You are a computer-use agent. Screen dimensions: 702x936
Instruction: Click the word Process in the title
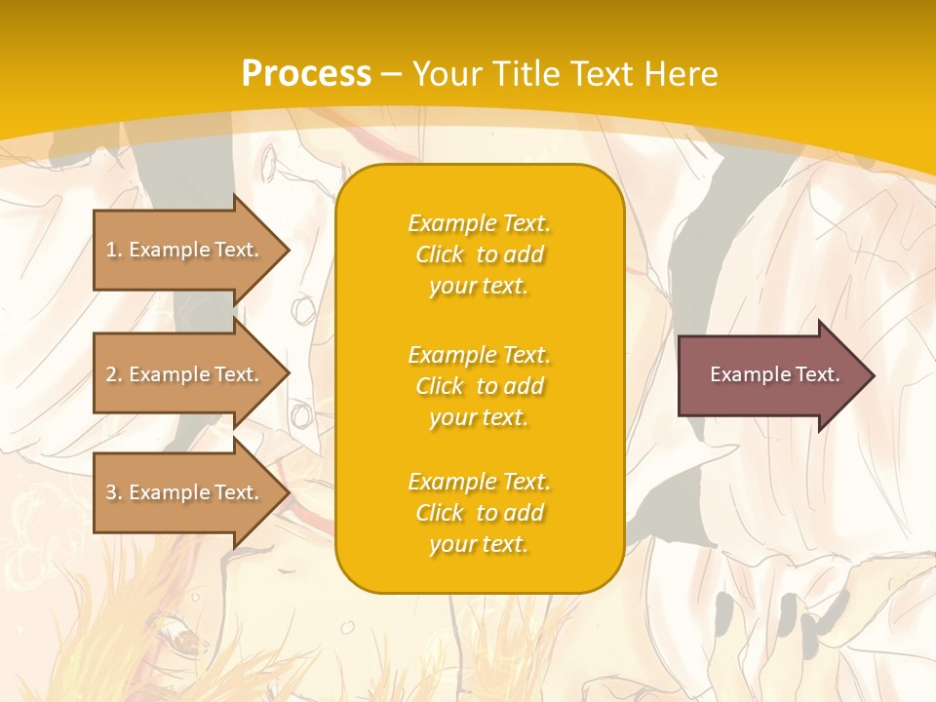(x=306, y=74)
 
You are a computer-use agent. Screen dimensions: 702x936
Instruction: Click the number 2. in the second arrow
(x=114, y=374)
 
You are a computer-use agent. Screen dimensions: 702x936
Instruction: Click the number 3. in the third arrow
(x=114, y=492)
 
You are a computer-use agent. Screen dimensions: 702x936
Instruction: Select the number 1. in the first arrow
(x=113, y=250)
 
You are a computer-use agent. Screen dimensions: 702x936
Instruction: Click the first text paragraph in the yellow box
(x=479, y=254)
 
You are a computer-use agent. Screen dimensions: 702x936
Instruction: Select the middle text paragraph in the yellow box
(x=479, y=386)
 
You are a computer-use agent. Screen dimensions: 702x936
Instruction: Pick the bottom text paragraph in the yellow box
(x=479, y=513)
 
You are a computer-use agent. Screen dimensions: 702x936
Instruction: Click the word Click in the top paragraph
(x=440, y=254)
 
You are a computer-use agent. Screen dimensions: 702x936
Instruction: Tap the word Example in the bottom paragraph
(x=451, y=482)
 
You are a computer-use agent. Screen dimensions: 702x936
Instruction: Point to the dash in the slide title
(x=392, y=74)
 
